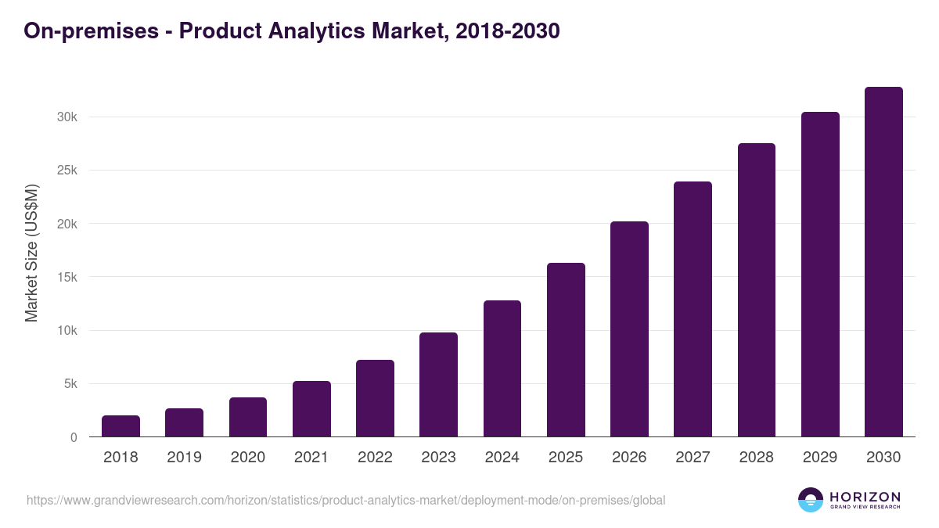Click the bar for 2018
(121, 426)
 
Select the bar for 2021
(311, 409)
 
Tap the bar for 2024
(502, 368)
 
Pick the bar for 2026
(629, 329)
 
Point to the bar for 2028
(757, 290)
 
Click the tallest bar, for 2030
(883, 262)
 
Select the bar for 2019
(184, 422)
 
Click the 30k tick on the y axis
(67, 117)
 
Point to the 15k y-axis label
(67, 277)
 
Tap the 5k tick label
(70, 384)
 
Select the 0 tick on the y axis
(74, 437)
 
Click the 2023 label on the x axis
(438, 458)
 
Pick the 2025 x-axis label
(566, 458)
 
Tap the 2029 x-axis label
(820, 458)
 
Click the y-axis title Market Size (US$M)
(31, 253)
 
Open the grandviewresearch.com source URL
(346, 500)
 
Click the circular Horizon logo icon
(811, 500)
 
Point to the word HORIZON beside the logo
(865, 497)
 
